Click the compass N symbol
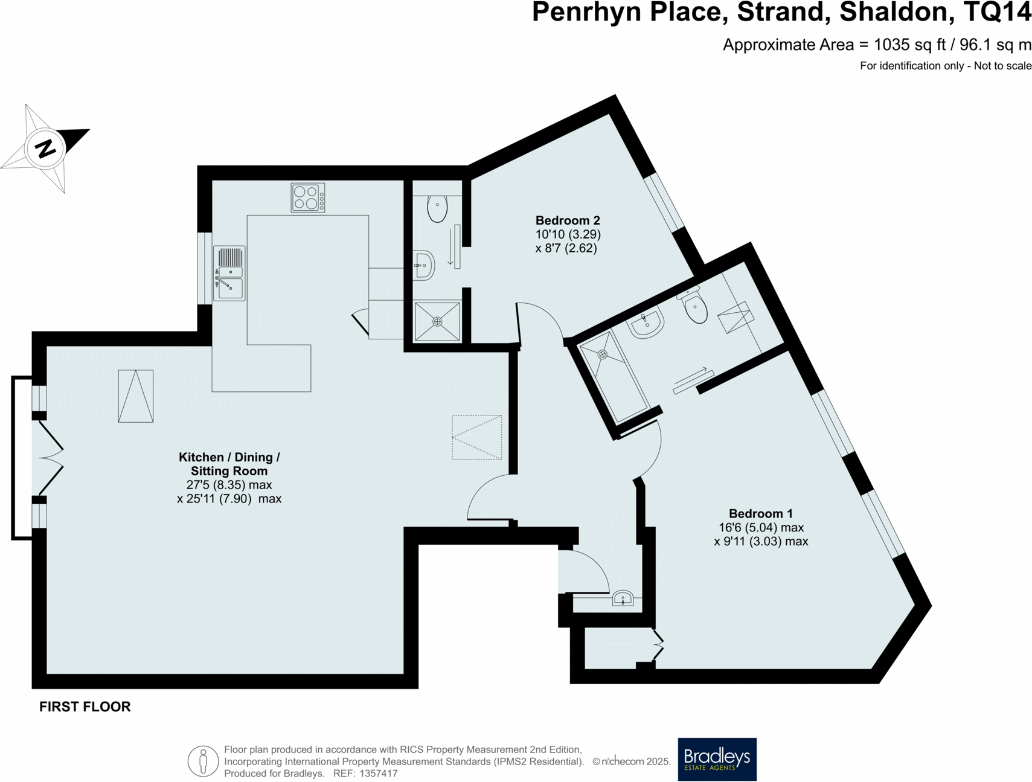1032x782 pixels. [45, 148]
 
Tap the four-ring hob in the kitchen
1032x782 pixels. [307, 197]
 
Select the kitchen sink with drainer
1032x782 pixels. [229, 273]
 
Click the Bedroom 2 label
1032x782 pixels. [568, 220]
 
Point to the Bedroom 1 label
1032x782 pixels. [760, 514]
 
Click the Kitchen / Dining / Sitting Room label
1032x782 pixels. [229, 464]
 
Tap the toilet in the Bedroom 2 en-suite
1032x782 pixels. [437, 208]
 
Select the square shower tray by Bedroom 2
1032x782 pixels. [437, 321]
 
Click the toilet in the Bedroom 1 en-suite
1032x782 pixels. [695, 307]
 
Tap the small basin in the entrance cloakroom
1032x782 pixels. [623, 598]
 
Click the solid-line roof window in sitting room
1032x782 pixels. [136, 396]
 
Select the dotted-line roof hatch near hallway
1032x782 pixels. [476, 437]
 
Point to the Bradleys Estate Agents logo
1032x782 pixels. [717, 759]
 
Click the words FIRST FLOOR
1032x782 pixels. [85, 707]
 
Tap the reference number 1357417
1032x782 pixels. [379, 774]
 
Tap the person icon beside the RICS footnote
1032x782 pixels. [203, 761]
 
